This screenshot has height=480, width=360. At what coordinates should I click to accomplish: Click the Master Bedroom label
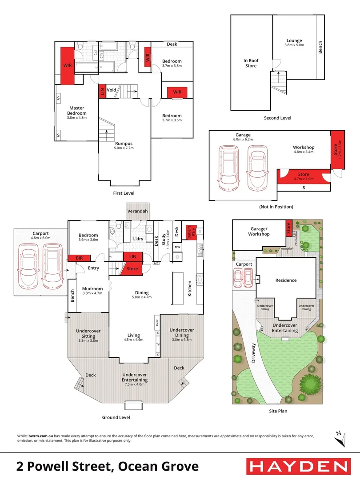(77, 111)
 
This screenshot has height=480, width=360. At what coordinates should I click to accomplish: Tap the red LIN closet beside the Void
(102, 91)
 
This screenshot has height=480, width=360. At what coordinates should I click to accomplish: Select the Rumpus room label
(124, 143)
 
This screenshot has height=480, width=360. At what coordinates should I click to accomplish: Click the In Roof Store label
(251, 63)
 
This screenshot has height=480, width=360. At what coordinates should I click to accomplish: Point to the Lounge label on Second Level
(294, 40)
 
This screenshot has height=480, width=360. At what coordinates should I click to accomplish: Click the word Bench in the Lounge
(320, 47)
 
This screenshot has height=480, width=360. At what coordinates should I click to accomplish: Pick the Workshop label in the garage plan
(304, 147)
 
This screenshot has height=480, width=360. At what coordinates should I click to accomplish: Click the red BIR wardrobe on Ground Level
(79, 258)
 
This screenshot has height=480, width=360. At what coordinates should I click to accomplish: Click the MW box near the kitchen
(177, 247)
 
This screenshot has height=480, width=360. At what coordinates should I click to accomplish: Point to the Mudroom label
(92, 289)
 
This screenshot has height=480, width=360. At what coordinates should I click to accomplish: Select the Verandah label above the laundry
(137, 211)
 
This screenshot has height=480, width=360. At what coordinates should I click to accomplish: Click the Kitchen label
(189, 288)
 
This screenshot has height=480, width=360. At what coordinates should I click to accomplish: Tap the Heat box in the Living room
(157, 322)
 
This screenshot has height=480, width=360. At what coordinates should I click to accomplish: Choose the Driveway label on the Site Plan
(253, 353)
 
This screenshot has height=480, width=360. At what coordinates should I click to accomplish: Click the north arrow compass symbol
(340, 439)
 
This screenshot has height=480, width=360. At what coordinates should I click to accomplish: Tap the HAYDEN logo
(299, 467)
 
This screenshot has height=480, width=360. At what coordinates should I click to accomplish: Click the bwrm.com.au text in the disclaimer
(41, 436)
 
